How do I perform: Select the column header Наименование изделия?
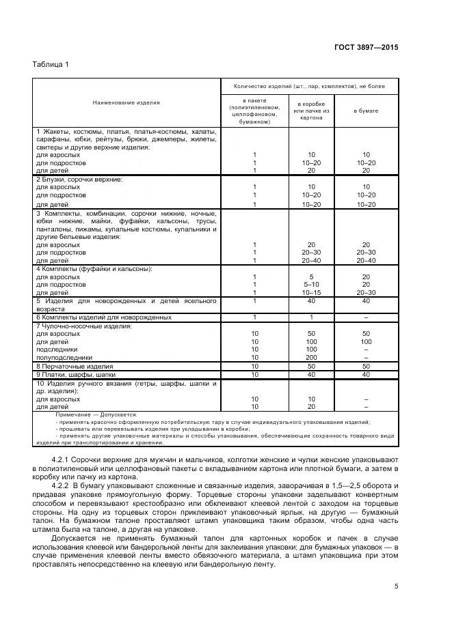tap(127, 102)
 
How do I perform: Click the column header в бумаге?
tap(366, 110)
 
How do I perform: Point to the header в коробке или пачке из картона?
tap(311, 110)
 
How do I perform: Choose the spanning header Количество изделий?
tap(309, 87)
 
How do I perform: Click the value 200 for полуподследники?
tap(311, 357)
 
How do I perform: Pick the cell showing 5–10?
tap(311, 285)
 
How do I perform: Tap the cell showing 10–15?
tap(311, 292)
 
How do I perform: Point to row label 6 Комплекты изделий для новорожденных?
tap(103, 317)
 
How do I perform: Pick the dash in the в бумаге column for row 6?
tap(366, 317)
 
